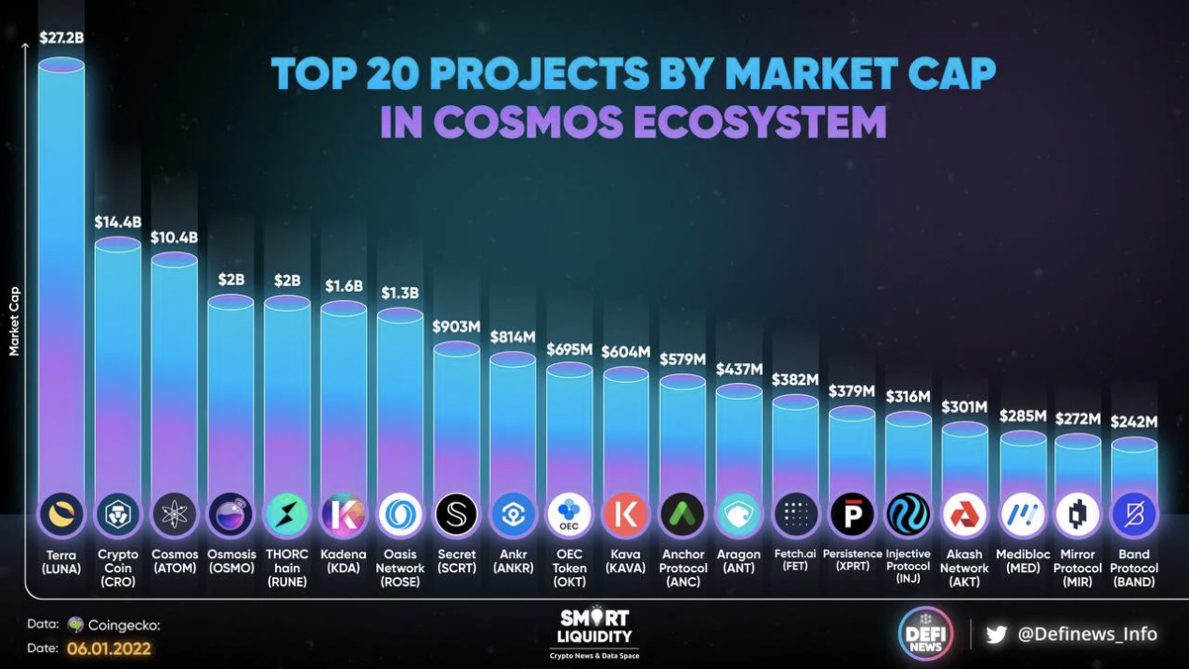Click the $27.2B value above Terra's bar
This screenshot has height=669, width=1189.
click(61, 38)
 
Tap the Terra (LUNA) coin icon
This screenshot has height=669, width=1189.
click(62, 514)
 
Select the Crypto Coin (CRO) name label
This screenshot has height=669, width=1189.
click(117, 568)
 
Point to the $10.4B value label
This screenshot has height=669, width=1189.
click(175, 237)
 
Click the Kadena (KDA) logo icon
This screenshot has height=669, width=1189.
click(343, 514)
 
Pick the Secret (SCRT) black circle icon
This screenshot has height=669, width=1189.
click(457, 514)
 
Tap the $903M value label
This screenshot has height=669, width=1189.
click(457, 327)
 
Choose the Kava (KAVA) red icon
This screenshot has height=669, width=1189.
click(626, 514)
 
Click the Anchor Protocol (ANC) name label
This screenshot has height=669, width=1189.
click(682, 568)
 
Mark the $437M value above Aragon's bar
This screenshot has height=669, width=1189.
click(739, 370)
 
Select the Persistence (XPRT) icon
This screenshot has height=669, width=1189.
click(852, 514)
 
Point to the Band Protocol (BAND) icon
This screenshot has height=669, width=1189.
click(1134, 514)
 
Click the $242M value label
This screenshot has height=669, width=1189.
click(1134, 421)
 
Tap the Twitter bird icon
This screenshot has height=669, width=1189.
click(996, 634)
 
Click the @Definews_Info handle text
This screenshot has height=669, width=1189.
click(1088, 634)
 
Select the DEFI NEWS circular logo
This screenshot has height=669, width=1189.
click(925, 634)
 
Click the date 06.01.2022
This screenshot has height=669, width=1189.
click(109, 648)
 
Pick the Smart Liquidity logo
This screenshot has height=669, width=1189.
click(595, 631)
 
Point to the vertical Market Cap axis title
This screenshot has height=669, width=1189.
click(14, 321)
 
